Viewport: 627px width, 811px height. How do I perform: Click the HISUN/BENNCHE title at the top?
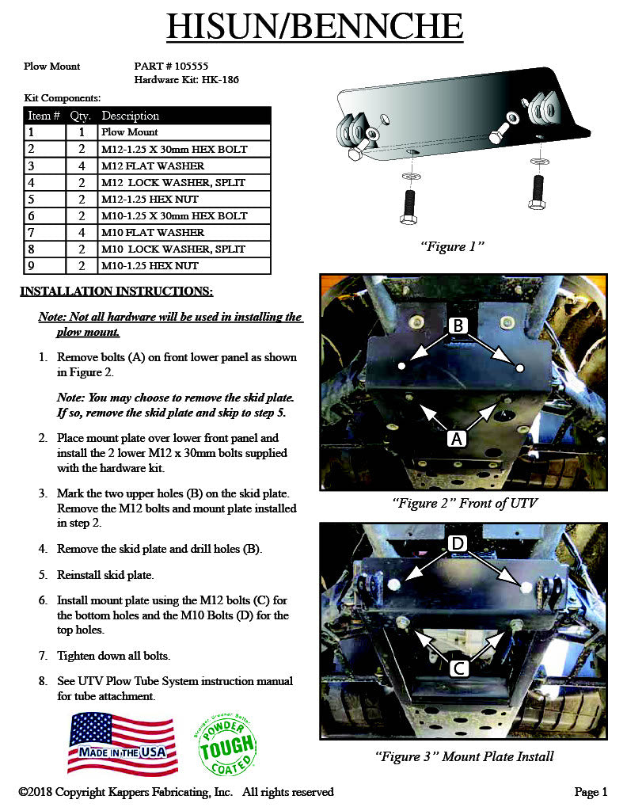pyautogui.click(x=314, y=26)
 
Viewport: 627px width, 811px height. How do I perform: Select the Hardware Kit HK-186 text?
pyautogui.click(x=186, y=79)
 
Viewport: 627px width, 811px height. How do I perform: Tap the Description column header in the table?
pyautogui.click(x=131, y=116)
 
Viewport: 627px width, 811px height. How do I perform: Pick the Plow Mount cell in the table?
pyautogui.click(x=130, y=132)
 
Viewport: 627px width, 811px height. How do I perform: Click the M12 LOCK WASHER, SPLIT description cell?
pyautogui.click(x=173, y=182)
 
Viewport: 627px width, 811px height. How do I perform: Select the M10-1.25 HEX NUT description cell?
pyautogui.click(x=150, y=265)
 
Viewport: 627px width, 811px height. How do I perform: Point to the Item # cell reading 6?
pyautogui.click(x=31, y=215)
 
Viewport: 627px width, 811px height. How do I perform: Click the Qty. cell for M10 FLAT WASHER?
pyautogui.click(x=82, y=232)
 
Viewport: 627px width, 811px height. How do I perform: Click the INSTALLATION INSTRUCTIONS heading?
pyautogui.click(x=116, y=291)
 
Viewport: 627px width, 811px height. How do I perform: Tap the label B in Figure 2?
pyautogui.click(x=458, y=325)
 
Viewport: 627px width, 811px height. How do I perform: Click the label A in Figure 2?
pyautogui.click(x=457, y=437)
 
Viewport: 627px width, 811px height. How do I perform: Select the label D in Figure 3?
pyautogui.click(x=458, y=543)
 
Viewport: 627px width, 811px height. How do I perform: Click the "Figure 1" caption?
pyautogui.click(x=452, y=246)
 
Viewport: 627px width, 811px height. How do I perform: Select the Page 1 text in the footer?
pyautogui.click(x=591, y=791)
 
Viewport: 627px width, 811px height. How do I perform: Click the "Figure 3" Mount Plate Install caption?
pyautogui.click(x=464, y=756)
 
